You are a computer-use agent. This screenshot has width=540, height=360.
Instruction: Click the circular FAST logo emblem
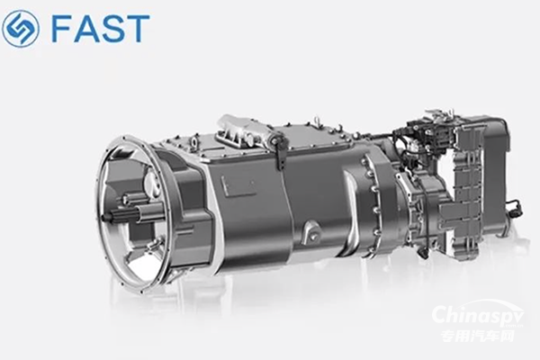point(21,28)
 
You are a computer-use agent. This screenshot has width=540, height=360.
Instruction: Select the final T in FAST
point(138,29)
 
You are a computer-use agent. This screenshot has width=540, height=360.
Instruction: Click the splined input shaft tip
point(107,217)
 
